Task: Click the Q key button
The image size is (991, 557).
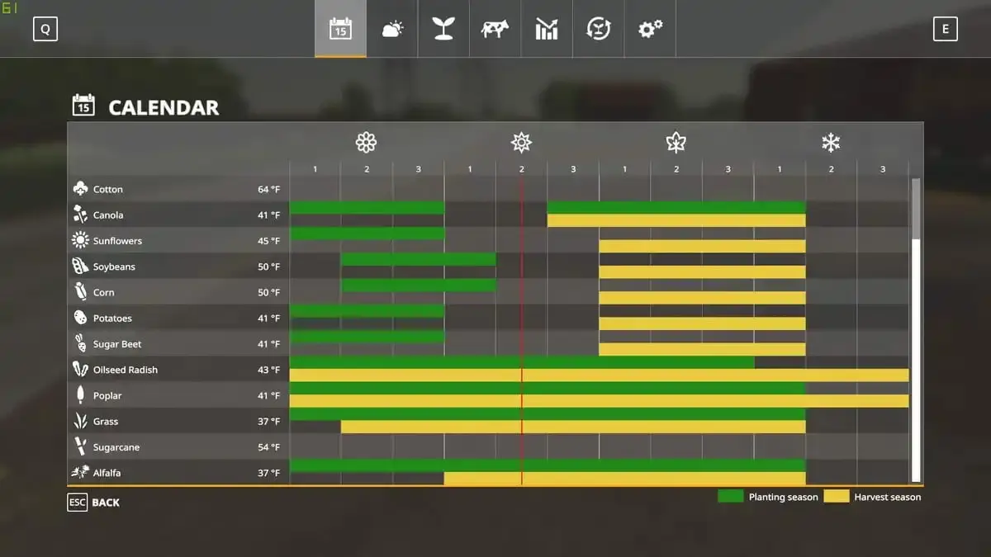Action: point(45,29)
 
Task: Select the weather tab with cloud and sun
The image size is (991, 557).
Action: point(392,29)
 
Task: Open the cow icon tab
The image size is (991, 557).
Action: point(495,29)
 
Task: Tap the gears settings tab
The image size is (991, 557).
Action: point(650,29)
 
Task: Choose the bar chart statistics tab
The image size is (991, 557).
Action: point(547,29)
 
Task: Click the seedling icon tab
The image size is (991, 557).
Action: point(443,29)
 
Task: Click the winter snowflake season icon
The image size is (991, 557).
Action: point(831,143)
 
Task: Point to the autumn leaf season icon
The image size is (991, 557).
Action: point(676,142)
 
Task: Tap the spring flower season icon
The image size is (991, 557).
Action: point(367,142)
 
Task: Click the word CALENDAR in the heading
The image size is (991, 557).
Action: point(164,108)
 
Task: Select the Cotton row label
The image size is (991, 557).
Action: point(108,189)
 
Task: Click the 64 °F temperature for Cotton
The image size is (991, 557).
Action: point(269,189)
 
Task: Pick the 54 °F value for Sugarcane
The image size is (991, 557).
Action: point(269,447)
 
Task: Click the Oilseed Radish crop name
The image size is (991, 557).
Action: point(126,370)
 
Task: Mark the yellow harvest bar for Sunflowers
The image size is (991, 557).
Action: point(702,246)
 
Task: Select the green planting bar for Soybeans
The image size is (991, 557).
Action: point(419,259)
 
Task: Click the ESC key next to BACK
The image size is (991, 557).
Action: point(78,503)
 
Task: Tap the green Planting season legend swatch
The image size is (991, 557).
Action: point(730,496)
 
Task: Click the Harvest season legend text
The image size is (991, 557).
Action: point(888,498)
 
